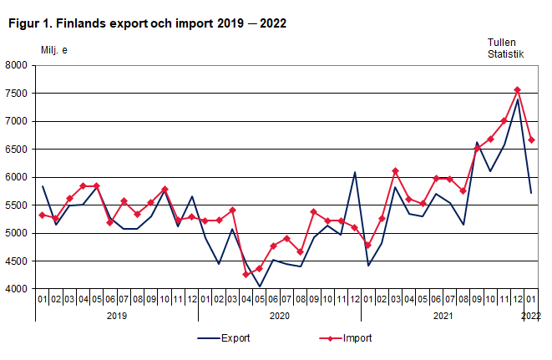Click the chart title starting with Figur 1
click(x=147, y=23)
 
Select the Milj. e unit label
click(x=54, y=50)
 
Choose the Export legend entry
click(x=223, y=338)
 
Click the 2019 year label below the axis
click(x=116, y=316)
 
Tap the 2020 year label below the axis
click(x=279, y=316)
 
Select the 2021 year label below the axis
click(x=442, y=316)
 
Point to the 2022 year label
click(x=531, y=316)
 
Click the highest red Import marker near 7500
click(x=517, y=90)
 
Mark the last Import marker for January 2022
click(x=531, y=139)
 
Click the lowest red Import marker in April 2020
click(x=246, y=275)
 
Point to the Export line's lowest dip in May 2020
click(x=259, y=286)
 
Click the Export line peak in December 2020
click(x=354, y=172)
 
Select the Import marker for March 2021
click(x=395, y=171)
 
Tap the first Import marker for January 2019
click(x=42, y=215)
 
